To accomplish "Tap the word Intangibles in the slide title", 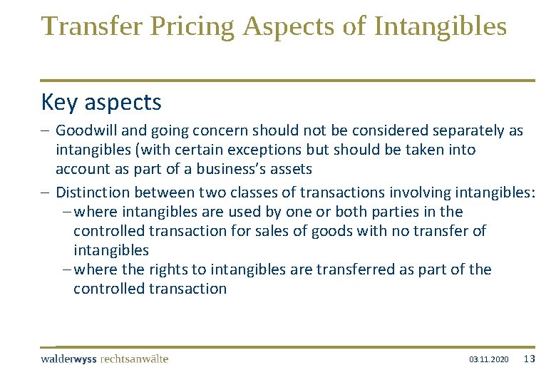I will [440, 26].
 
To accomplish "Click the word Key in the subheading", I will [60, 103].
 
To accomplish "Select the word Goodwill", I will [84, 131].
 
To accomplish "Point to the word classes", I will [267, 192].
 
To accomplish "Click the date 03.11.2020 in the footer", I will [489, 359].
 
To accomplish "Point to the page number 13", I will [529, 359].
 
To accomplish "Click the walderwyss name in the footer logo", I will [69, 359].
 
